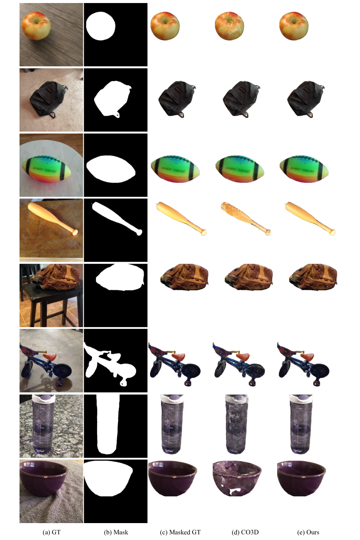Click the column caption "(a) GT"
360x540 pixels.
click(51, 532)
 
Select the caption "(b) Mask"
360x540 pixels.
click(116, 532)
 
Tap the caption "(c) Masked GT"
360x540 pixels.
click(180, 532)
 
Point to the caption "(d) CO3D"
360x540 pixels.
click(245, 532)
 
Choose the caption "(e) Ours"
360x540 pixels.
click(308, 532)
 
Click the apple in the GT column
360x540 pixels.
click(36, 26)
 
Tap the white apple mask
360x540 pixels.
click(101, 26)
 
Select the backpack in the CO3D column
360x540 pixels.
click(241, 99)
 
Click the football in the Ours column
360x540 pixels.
click(304, 169)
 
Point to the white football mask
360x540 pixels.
click(111, 169)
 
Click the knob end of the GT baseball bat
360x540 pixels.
click(75, 232)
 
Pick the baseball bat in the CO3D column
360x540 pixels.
click(245, 218)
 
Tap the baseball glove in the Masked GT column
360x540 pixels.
click(184, 277)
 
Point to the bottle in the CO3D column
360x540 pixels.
click(236, 424)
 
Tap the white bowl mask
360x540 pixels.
click(108, 478)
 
